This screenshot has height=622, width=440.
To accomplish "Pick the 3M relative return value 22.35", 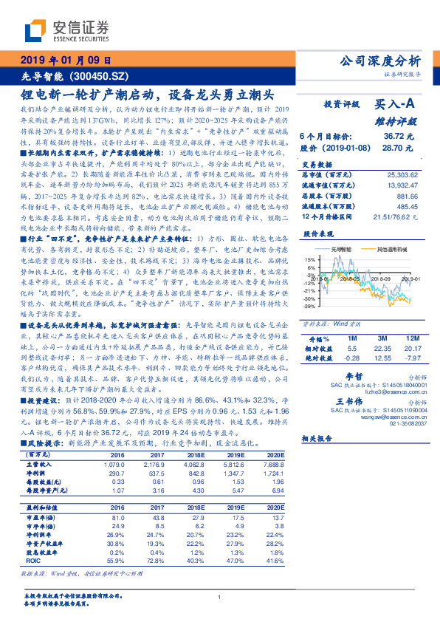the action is [381, 347].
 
